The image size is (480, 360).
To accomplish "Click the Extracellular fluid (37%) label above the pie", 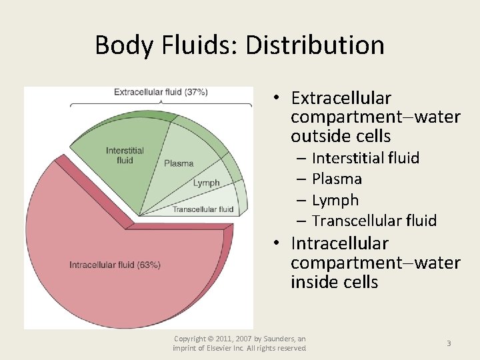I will (x=161, y=92).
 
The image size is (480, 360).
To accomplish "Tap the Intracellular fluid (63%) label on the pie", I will (x=115, y=265).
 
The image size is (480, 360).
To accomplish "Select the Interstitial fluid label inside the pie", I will (x=124, y=155).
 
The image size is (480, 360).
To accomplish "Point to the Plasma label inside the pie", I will (x=179, y=163).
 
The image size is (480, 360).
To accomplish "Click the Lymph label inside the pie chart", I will (x=206, y=183).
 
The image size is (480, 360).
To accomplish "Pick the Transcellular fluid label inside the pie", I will (x=203, y=209).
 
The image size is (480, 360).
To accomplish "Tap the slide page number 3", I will (x=449, y=343).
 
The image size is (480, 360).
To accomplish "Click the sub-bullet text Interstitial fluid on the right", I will (x=365, y=158).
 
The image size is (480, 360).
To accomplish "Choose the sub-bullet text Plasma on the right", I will (x=337, y=179).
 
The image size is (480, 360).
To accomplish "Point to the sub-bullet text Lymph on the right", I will (x=335, y=200).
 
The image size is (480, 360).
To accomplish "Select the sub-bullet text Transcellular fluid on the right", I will (x=374, y=221).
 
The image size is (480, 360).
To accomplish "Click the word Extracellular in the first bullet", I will (x=341, y=98).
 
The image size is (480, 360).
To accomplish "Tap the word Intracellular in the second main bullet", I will (x=339, y=243).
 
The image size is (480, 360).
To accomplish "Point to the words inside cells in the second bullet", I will (x=334, y=282).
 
